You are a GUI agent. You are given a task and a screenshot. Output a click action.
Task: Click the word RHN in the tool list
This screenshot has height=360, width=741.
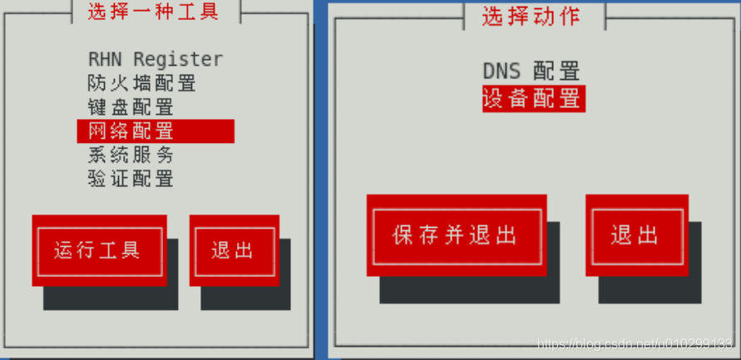tap(107, 59)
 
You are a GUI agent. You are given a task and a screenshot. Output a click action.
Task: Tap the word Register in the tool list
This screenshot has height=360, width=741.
tap(178, 60)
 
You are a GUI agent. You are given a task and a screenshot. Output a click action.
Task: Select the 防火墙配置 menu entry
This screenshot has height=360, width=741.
tap(141, 83)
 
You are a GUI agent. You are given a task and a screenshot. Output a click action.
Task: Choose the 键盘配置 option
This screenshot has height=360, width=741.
tap(131, 107)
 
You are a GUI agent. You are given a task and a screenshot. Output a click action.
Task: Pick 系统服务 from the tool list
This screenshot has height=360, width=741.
tap(131, 155)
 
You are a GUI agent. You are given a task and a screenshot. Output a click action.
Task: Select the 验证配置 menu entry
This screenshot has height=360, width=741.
tap(131, 178)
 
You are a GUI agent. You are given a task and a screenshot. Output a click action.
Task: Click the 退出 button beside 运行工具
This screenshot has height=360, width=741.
tap(233, 250)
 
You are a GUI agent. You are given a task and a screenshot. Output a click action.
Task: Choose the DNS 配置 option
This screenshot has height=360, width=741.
tap(531, 72)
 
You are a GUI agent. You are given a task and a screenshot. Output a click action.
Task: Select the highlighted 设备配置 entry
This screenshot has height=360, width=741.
tap(533, 98)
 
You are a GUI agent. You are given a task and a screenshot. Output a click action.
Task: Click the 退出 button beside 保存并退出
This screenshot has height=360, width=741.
tap(635, 234)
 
